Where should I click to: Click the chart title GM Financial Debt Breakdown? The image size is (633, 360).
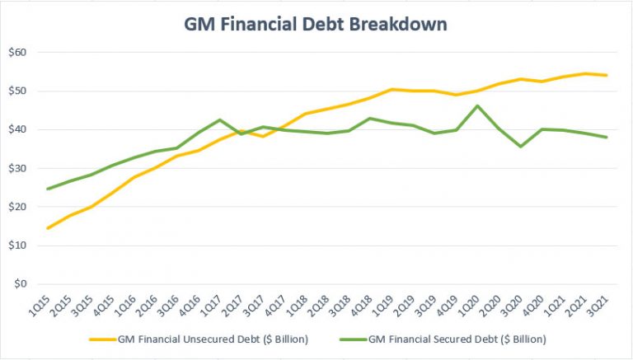pyautogui.click(x=316, y=24)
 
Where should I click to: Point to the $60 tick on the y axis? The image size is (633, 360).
pyautogui.click(x=17, y=53)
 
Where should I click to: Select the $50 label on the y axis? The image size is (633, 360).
pyautogui.click(x=17, y=91)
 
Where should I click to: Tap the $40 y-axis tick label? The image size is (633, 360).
pyautogui.click(x=17, y=130)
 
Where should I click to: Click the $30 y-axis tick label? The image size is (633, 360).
pyautogui.click(x=17, y=169)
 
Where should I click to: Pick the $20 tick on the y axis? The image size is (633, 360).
pyautogui.click(x=17, y=207)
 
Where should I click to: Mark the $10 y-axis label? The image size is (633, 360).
pyautogui.click(x=17, y=245)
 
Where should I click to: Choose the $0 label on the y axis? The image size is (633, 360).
pyautogui.click(x=21, y=284)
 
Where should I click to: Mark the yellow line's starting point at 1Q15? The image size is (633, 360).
pyautogui.click(x=49, y=228)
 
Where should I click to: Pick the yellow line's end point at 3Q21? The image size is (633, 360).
pyautogui.click(x=607, y=75)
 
